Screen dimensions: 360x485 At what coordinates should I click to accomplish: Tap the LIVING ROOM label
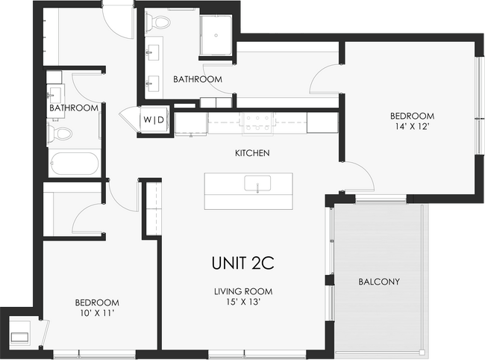242,291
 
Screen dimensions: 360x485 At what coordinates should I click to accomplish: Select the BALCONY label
379,282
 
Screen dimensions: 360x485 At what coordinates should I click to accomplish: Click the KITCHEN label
252,153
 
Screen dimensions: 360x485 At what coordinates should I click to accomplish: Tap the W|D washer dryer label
154,120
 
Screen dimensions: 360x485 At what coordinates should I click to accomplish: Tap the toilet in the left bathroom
60,134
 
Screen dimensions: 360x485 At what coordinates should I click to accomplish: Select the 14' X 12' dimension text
413,128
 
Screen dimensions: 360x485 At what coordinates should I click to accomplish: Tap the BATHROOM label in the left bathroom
74,108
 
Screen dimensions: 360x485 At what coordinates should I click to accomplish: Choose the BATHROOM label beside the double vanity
198,78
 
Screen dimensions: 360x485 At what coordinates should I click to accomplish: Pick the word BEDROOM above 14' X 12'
413,116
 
